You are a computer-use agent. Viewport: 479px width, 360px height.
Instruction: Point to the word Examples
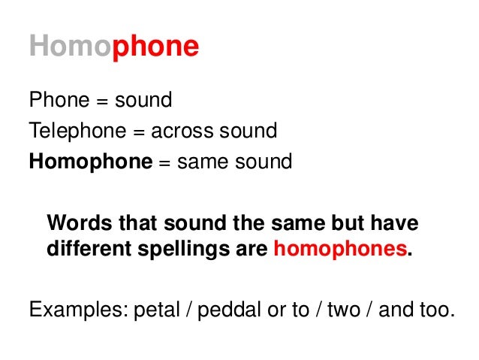click(71, 310)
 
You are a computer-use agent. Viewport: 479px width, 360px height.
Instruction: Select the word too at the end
click(439, 310)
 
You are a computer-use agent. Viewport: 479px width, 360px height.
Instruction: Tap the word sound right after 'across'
click(246, 132)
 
